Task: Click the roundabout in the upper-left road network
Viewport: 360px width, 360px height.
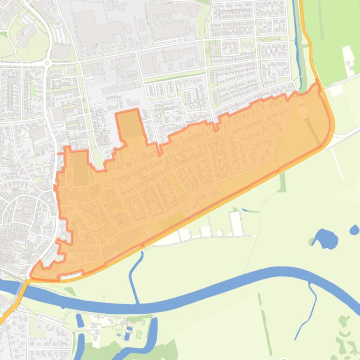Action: pyautogui.click(x=47, y=63)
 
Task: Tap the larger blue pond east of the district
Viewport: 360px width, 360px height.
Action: pyautogui.click(x=325, y=238)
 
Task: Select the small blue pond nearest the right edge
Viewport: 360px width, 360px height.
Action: pyautogui.click(x=354, y=230)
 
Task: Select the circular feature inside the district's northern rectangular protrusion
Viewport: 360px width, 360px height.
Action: pyautogui.click(x=131, y=133)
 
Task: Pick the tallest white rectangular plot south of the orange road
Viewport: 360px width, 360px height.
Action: pyautogui.click(x=236, y=223)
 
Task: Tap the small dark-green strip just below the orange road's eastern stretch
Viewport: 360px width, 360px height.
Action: pyautogui.click(x=282, y=182)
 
